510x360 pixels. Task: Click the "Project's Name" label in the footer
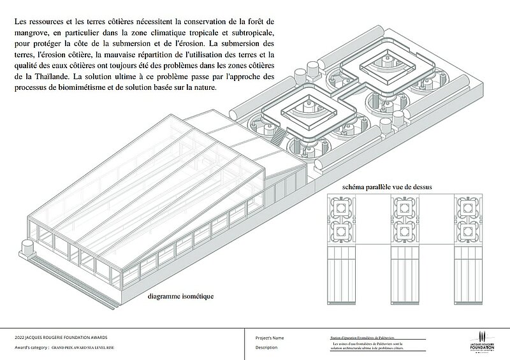(269, 337)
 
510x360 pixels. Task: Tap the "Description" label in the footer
(266, 347)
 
